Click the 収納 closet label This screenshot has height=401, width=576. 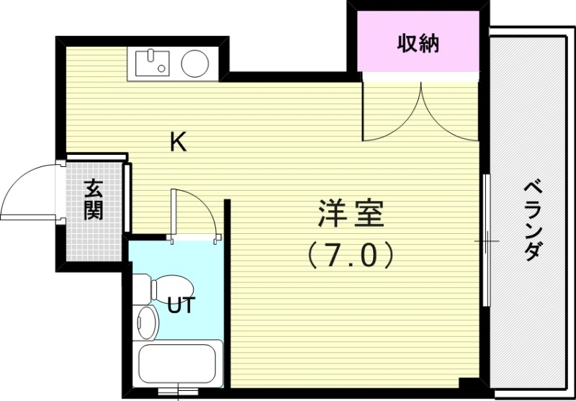coord(418,44)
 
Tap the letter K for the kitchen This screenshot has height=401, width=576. coord(178,143)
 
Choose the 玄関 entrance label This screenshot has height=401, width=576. coord(93,199)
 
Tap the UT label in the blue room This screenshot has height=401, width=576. coord(180,306)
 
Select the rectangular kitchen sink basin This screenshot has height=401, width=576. coord(151,64)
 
